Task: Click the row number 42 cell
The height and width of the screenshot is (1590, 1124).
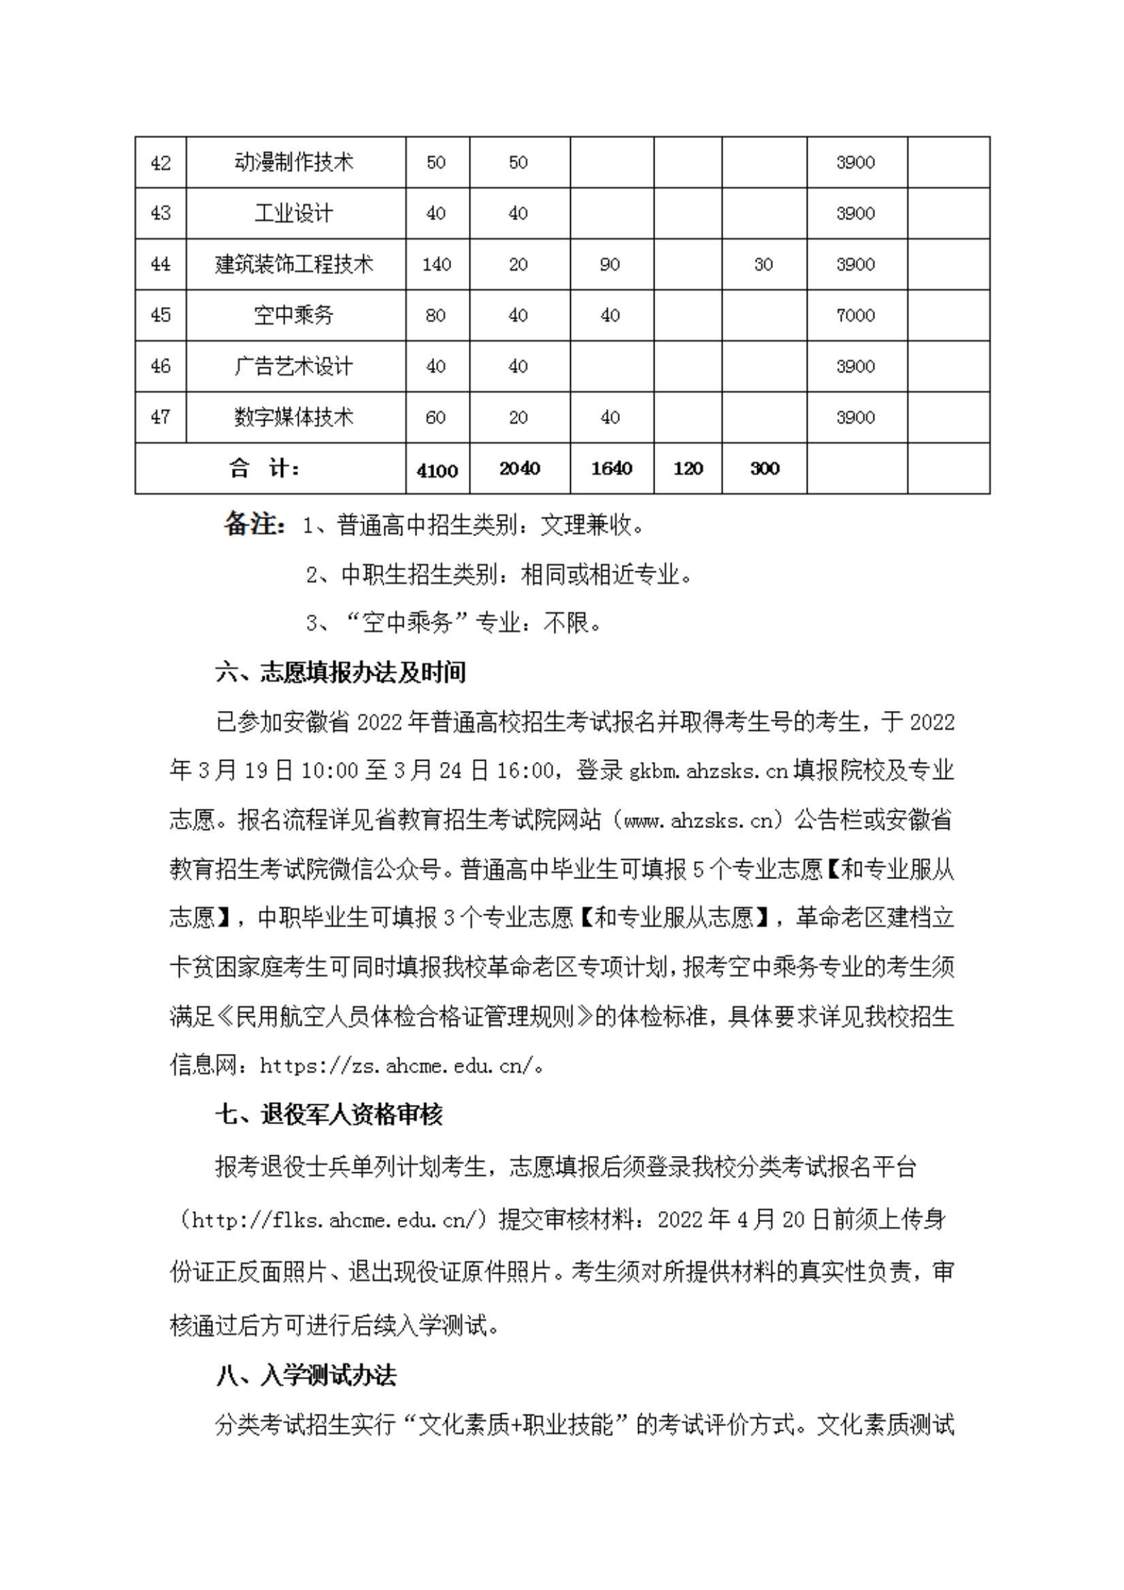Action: click(x=161, y=163)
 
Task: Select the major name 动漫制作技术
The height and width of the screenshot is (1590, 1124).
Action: click(x=295, y=163)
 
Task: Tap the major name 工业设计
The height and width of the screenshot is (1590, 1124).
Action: click(x=295, y=214)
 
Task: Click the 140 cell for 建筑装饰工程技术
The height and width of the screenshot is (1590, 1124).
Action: click(x=436, y=265)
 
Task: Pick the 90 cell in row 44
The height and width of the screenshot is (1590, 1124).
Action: click(x=610, y=265)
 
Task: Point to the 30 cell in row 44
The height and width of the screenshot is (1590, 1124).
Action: click(x=763, y=265)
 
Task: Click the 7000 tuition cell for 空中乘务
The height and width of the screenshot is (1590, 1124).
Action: click(x=855, y=316)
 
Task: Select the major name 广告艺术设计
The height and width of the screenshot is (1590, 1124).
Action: click(x=295, y=366)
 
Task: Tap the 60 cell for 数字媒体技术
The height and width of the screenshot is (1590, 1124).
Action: click(x=435, y=418)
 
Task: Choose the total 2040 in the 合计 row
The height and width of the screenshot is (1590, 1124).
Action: click(x=519, y=469)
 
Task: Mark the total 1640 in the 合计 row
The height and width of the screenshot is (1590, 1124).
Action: click(x=612, y=469)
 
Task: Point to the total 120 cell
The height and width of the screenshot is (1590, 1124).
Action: click(x=688, y=469)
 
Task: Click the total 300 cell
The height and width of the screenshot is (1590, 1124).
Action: click(x=765, y=469)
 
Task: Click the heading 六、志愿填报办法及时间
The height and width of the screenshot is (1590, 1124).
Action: click(x=340, y=672)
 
